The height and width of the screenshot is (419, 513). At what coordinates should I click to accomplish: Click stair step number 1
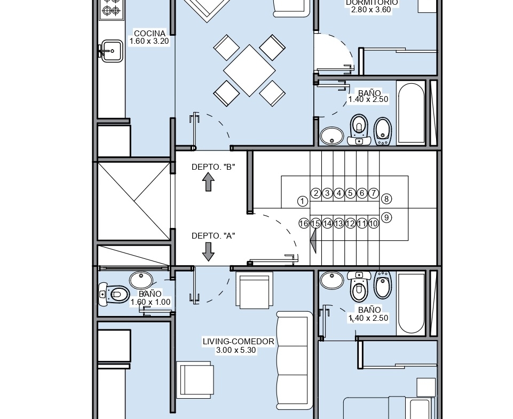(303, 201)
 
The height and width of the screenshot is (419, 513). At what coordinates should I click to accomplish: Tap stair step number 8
(386, 199)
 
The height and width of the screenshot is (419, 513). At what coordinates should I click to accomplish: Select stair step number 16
(304, 224)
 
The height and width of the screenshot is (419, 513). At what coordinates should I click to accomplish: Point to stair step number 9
(386, 218)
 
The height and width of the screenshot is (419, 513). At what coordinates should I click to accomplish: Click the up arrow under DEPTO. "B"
(208, 182)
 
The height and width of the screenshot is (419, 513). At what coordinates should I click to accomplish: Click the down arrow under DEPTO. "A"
(208, 251)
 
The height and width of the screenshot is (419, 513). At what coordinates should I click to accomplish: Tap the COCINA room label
(149, 34)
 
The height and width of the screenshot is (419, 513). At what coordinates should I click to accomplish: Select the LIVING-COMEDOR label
(238, 342)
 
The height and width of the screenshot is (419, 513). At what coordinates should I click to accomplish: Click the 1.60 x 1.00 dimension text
(151, 302)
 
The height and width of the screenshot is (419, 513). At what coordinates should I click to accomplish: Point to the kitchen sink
(111, 51)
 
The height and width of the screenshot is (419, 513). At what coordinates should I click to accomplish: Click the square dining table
(249, 70)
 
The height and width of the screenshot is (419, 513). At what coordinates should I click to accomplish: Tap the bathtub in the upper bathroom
(411, 113)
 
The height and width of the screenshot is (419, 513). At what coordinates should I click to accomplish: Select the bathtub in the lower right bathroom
(411, 303)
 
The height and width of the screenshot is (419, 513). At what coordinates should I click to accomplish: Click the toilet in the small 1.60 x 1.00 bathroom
(114, 295)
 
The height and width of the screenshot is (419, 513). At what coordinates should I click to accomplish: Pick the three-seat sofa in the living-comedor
(294, 360)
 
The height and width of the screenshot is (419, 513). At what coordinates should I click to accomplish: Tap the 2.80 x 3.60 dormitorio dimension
(371, 10)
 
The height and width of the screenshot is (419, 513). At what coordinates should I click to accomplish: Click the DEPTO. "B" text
(214, 167)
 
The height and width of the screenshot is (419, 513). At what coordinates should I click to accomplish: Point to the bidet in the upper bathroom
(382, 131)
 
